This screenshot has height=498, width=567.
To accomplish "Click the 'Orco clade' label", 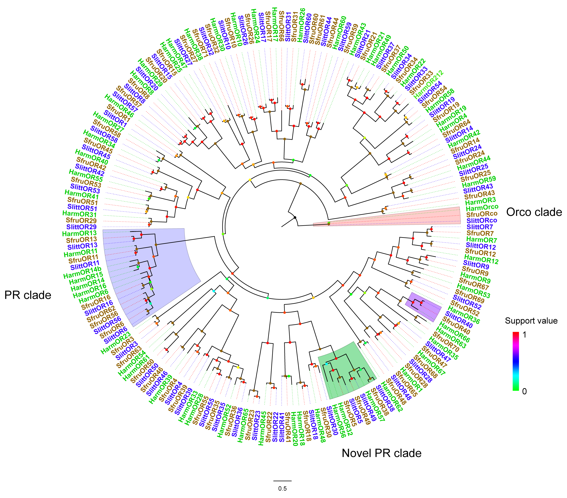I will click(534, 212).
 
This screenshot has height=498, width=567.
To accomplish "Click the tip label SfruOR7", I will click(480, 234).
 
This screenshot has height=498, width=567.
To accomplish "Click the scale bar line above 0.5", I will click(282, 481).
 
